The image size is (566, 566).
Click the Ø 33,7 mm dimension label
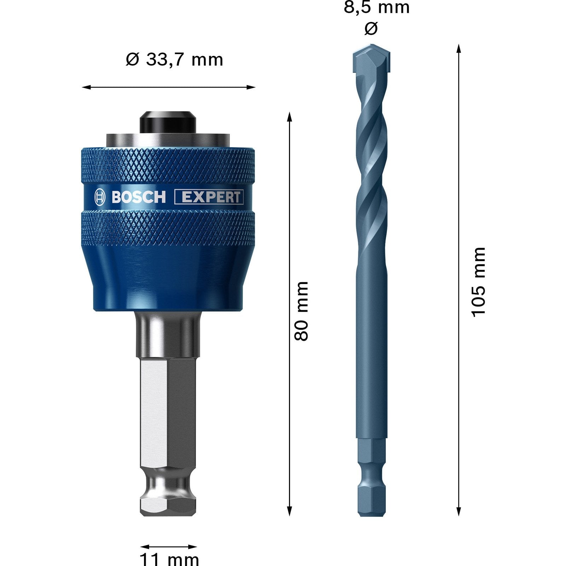(174, 59)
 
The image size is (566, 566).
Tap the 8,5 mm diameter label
(376, 8)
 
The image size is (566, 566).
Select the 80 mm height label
(302, 311)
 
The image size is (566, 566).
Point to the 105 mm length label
(479, 282)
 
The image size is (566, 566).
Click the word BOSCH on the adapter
(138, 197)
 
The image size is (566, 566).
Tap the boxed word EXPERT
(209, 197)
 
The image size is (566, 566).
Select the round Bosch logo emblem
(100, 197)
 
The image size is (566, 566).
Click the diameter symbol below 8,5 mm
(371, 28)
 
